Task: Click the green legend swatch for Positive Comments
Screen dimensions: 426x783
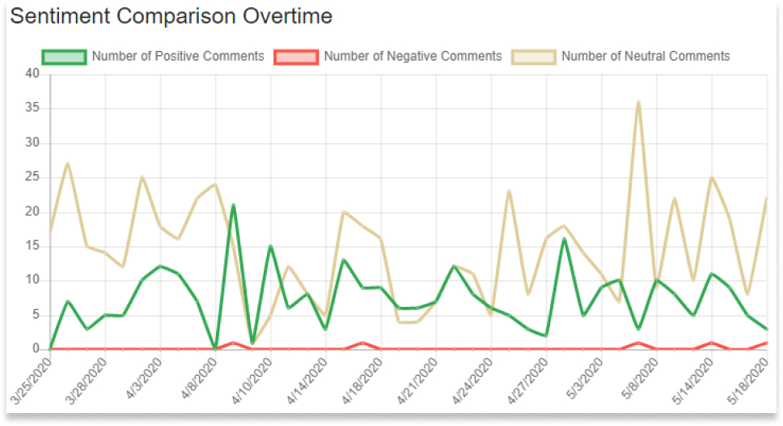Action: (x=63, y=57)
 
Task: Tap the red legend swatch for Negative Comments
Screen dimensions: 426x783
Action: (x=296, y=57)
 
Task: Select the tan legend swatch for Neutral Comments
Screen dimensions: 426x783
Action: (x=533, y=57)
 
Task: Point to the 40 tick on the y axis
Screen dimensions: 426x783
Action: (x=32, y=75)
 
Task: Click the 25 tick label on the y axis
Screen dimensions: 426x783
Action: (x=32, y=177)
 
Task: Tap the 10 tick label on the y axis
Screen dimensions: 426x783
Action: (x=32, y=280)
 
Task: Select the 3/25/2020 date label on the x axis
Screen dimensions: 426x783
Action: (x=31, y=383)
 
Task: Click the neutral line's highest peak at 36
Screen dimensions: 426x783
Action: (x=638, y=102)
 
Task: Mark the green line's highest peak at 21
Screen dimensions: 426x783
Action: (x=233, y=205)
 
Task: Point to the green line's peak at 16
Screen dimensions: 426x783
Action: (x=564, y=239)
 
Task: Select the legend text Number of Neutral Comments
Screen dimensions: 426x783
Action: (x=645, y=57)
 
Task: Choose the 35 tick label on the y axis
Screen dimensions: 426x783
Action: (x=32, y=109)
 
